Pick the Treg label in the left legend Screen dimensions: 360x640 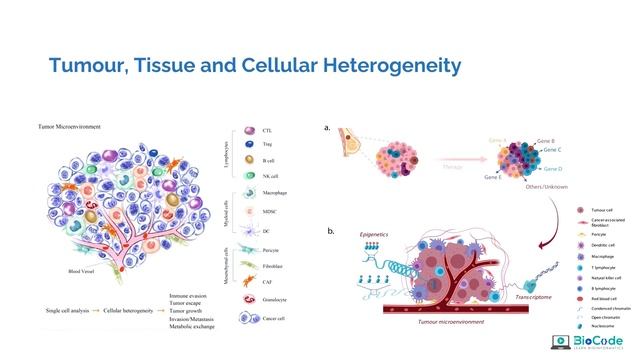267,146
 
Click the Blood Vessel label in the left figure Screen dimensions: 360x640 57,270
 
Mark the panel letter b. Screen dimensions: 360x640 331,231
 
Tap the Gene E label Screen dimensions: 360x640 493,177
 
